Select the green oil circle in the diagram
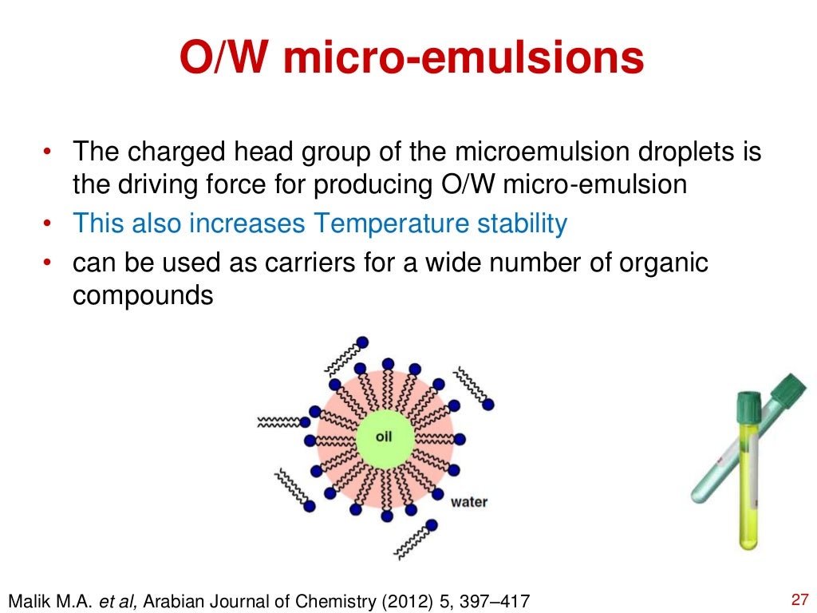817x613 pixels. click(x=384, y=437)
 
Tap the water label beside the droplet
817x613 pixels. click(x=468, y=502)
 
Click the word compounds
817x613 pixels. click(x=143, y=296)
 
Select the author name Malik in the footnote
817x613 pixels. click(x=30, y=599)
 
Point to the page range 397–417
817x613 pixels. click(x=494, y=599)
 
